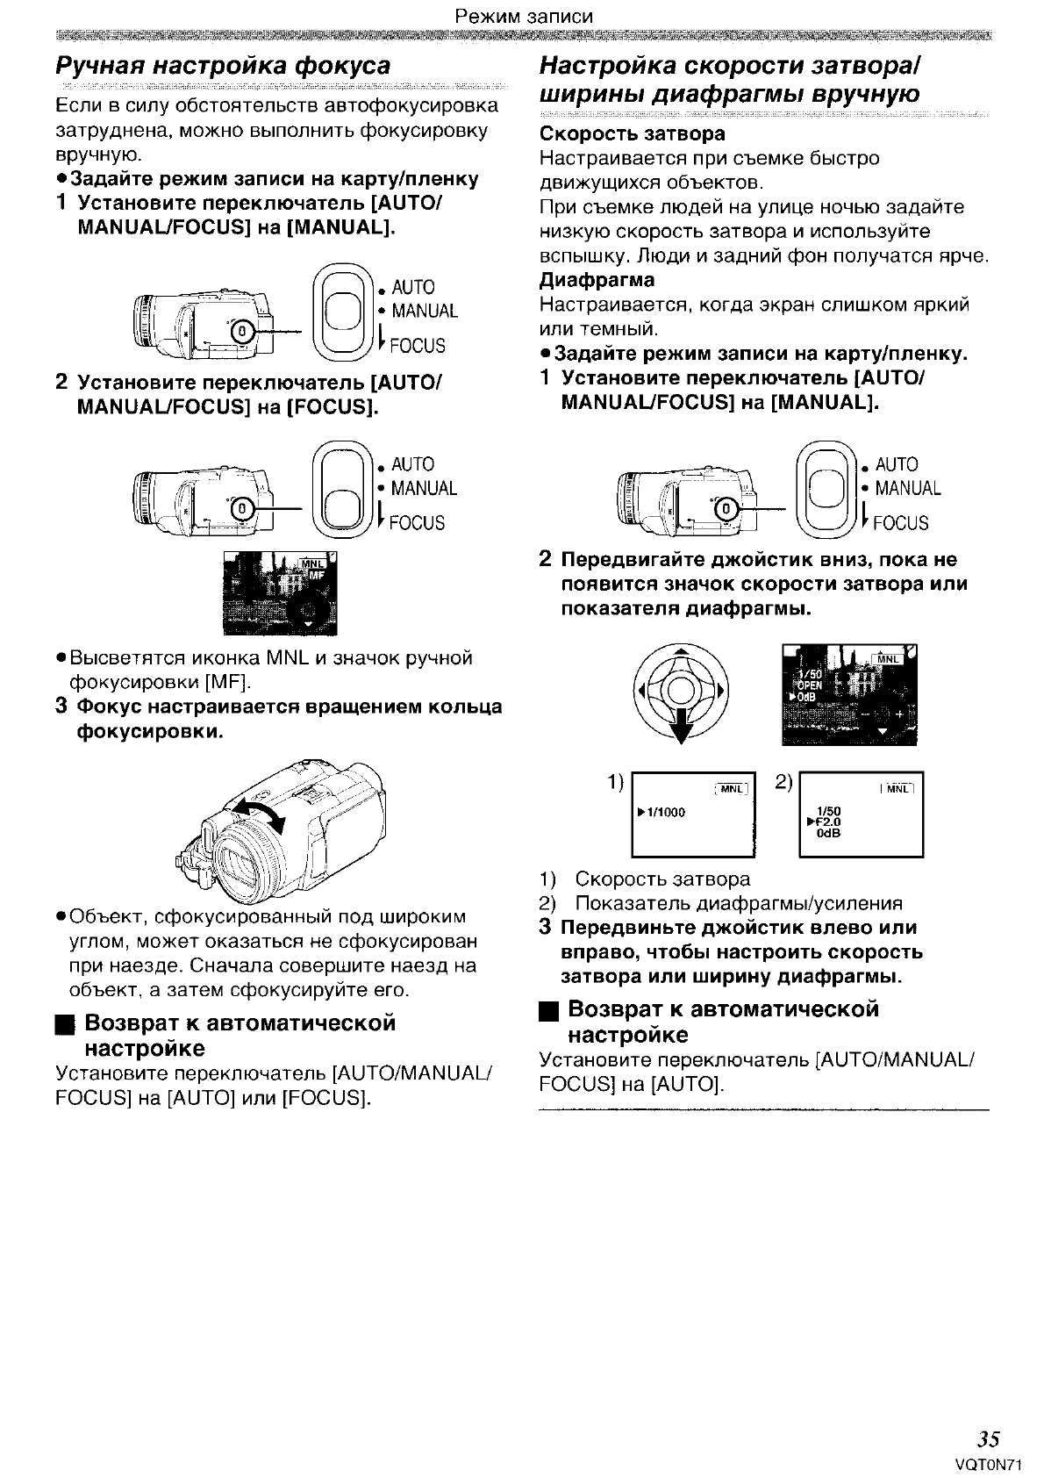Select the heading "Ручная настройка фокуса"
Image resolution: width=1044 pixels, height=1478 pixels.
click(223, 67)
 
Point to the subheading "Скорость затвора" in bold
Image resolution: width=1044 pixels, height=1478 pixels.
click(632, 134)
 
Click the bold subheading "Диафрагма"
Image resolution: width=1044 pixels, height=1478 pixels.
click(597, 281)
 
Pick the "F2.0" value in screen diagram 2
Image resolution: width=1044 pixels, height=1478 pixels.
click(828, 822)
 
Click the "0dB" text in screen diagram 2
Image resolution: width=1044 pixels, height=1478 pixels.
click(828, 834)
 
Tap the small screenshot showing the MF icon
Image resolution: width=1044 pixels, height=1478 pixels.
click(280, 593)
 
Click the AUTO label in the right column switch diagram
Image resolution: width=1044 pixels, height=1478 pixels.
click(896, 464)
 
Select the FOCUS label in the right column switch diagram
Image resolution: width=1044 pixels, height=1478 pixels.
click(900, 524)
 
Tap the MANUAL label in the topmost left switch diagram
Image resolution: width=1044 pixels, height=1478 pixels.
click(425, 312)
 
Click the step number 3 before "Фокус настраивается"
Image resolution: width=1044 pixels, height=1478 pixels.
click(61, 707)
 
